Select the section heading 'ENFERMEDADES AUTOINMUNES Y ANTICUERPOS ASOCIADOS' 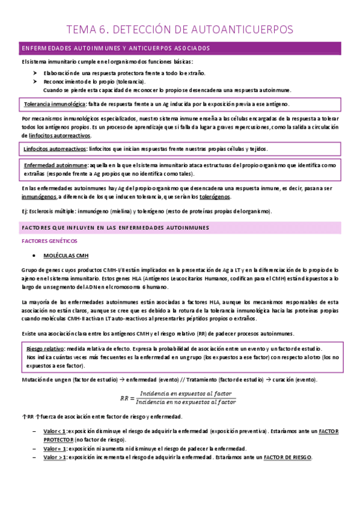(x=115, y=48)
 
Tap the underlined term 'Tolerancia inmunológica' (x=50, y=104)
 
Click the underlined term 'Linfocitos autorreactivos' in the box (x=55, y=149)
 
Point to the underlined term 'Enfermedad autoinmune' (x=53, y=164)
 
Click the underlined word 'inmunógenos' (x=38, y=196)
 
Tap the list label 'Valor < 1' (x=55, y=432)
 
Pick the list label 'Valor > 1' (x=55, y=457)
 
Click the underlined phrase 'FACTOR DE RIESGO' (x=287, y=457)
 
